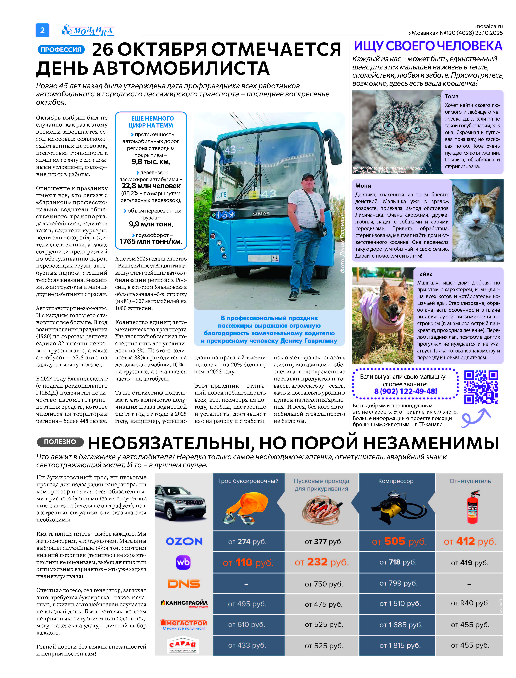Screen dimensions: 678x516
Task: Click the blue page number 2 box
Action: point(42,30)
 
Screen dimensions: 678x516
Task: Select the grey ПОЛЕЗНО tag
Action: point(60,442)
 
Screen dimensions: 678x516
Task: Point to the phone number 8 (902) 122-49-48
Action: point(405,391)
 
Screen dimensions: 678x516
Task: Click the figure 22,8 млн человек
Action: point(151,186)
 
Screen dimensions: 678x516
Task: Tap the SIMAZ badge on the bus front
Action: point(261,213)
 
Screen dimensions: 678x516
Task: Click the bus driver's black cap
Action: point(307,177)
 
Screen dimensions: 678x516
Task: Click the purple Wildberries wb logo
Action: point(183,562)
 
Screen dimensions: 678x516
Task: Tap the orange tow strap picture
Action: point(247,508)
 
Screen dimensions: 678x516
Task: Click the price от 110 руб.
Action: point(248,563)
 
